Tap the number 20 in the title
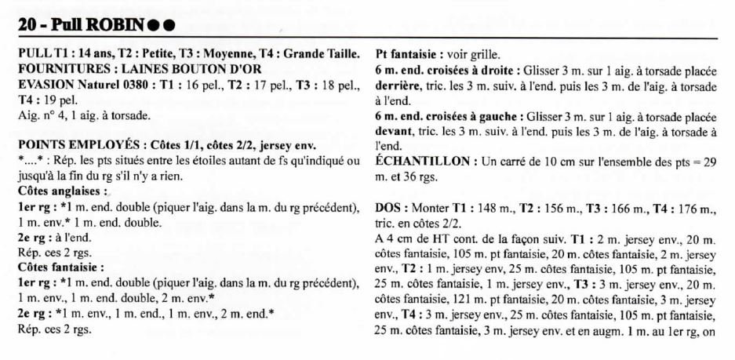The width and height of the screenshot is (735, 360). [x=28, y=26]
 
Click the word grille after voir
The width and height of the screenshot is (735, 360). [x=486, y=54]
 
